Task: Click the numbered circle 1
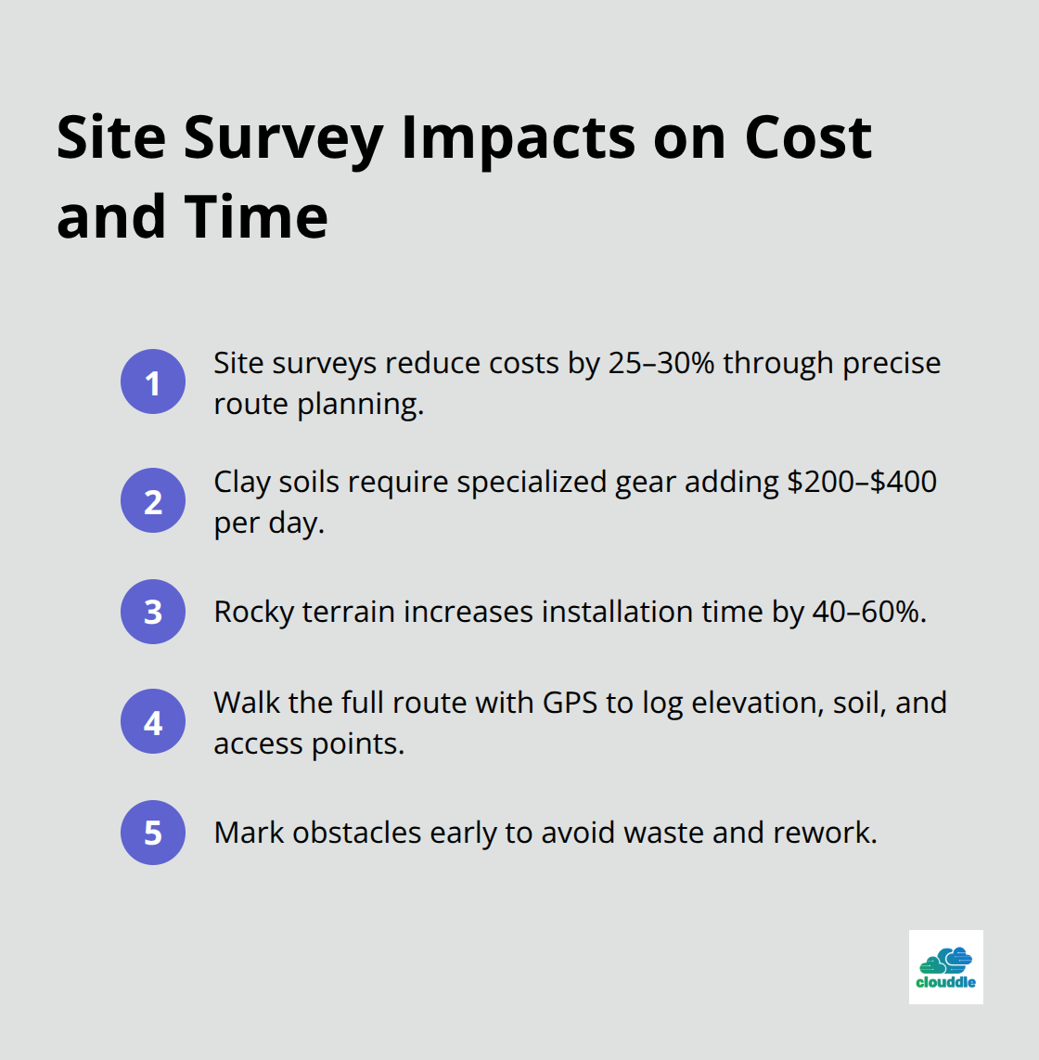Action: tap(153, 381)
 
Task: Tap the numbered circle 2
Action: tap(153, 501)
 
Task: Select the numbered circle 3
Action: tap(153, 612)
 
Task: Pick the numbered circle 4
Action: tap(153, 721)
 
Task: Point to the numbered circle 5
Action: tap(153, 833)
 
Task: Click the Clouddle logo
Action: tap(945, 967)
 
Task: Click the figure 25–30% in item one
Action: tap(661, 363)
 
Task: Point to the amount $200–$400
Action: tap(862, 482)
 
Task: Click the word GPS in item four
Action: tap(570, 703)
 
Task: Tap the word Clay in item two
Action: tap(242, 482)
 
